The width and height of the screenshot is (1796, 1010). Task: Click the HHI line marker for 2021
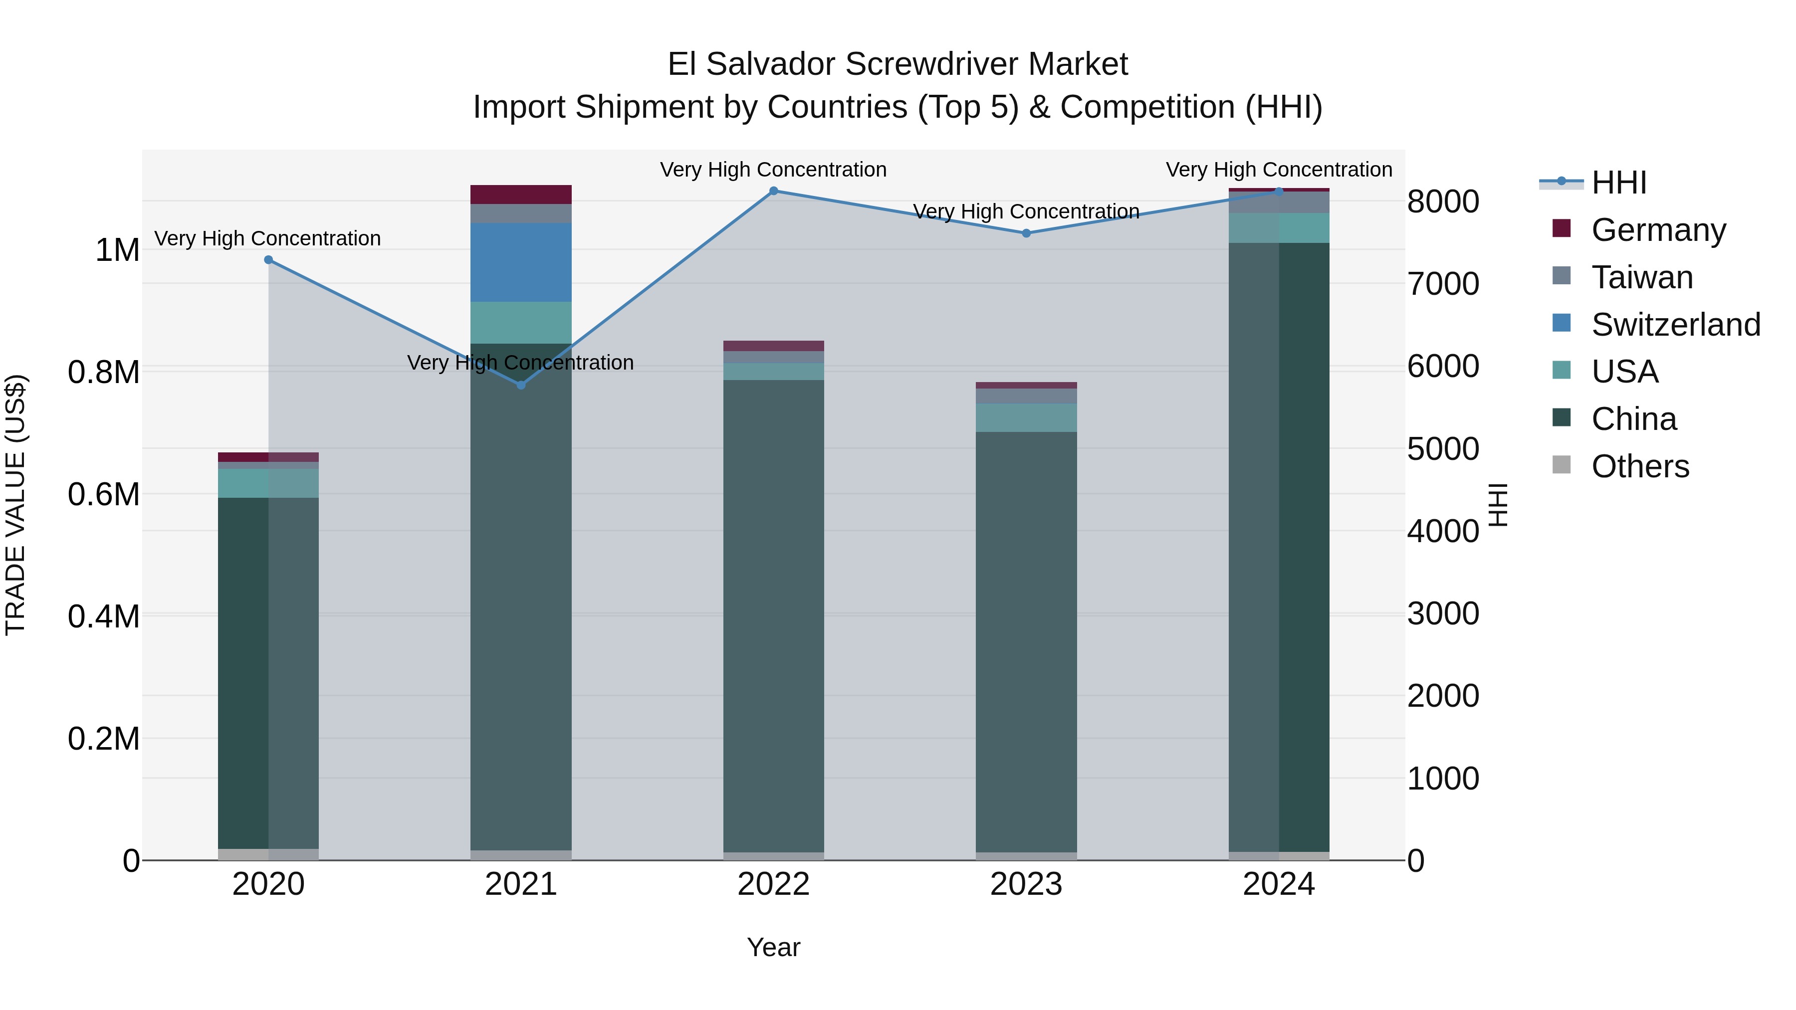[x=521, y=385]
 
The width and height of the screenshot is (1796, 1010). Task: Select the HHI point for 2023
[x=1026, y=233]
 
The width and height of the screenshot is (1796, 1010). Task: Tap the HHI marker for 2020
[x=268, y=260]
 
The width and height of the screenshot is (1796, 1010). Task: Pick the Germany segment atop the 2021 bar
[x=521, y=195]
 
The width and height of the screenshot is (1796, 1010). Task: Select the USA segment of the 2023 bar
[x=1026, y=417]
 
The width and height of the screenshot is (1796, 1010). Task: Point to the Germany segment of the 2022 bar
[x=773, y=346]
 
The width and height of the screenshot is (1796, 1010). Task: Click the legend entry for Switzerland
[x=1675, y=325]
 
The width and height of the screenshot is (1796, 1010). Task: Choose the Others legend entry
[x=1640, y=466]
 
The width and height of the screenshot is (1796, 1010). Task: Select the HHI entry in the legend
[x=1619, y=183]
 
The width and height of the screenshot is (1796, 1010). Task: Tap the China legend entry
[x=1633, y=419]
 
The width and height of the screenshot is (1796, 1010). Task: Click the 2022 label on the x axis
[x=773, y=884]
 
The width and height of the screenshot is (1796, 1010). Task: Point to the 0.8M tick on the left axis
[x=104, y=372]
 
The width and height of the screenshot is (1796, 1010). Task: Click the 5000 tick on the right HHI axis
[x=1442, y=449]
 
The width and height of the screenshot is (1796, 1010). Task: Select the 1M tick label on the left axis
[x=117, y=250]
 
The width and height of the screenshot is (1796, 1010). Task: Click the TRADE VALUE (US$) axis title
[x=15, y=505]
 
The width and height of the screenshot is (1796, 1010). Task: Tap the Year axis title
[x=773, y=947]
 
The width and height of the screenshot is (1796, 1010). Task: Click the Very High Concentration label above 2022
[x=773, y=170]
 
